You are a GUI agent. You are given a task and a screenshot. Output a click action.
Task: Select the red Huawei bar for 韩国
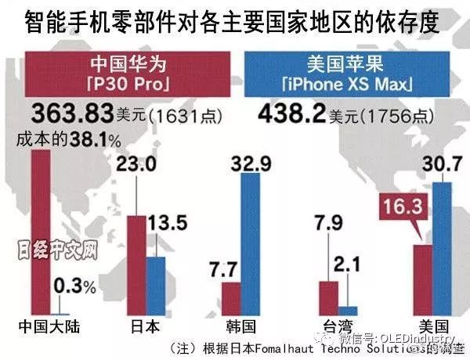pyautogui.click(x=231, y=298)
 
